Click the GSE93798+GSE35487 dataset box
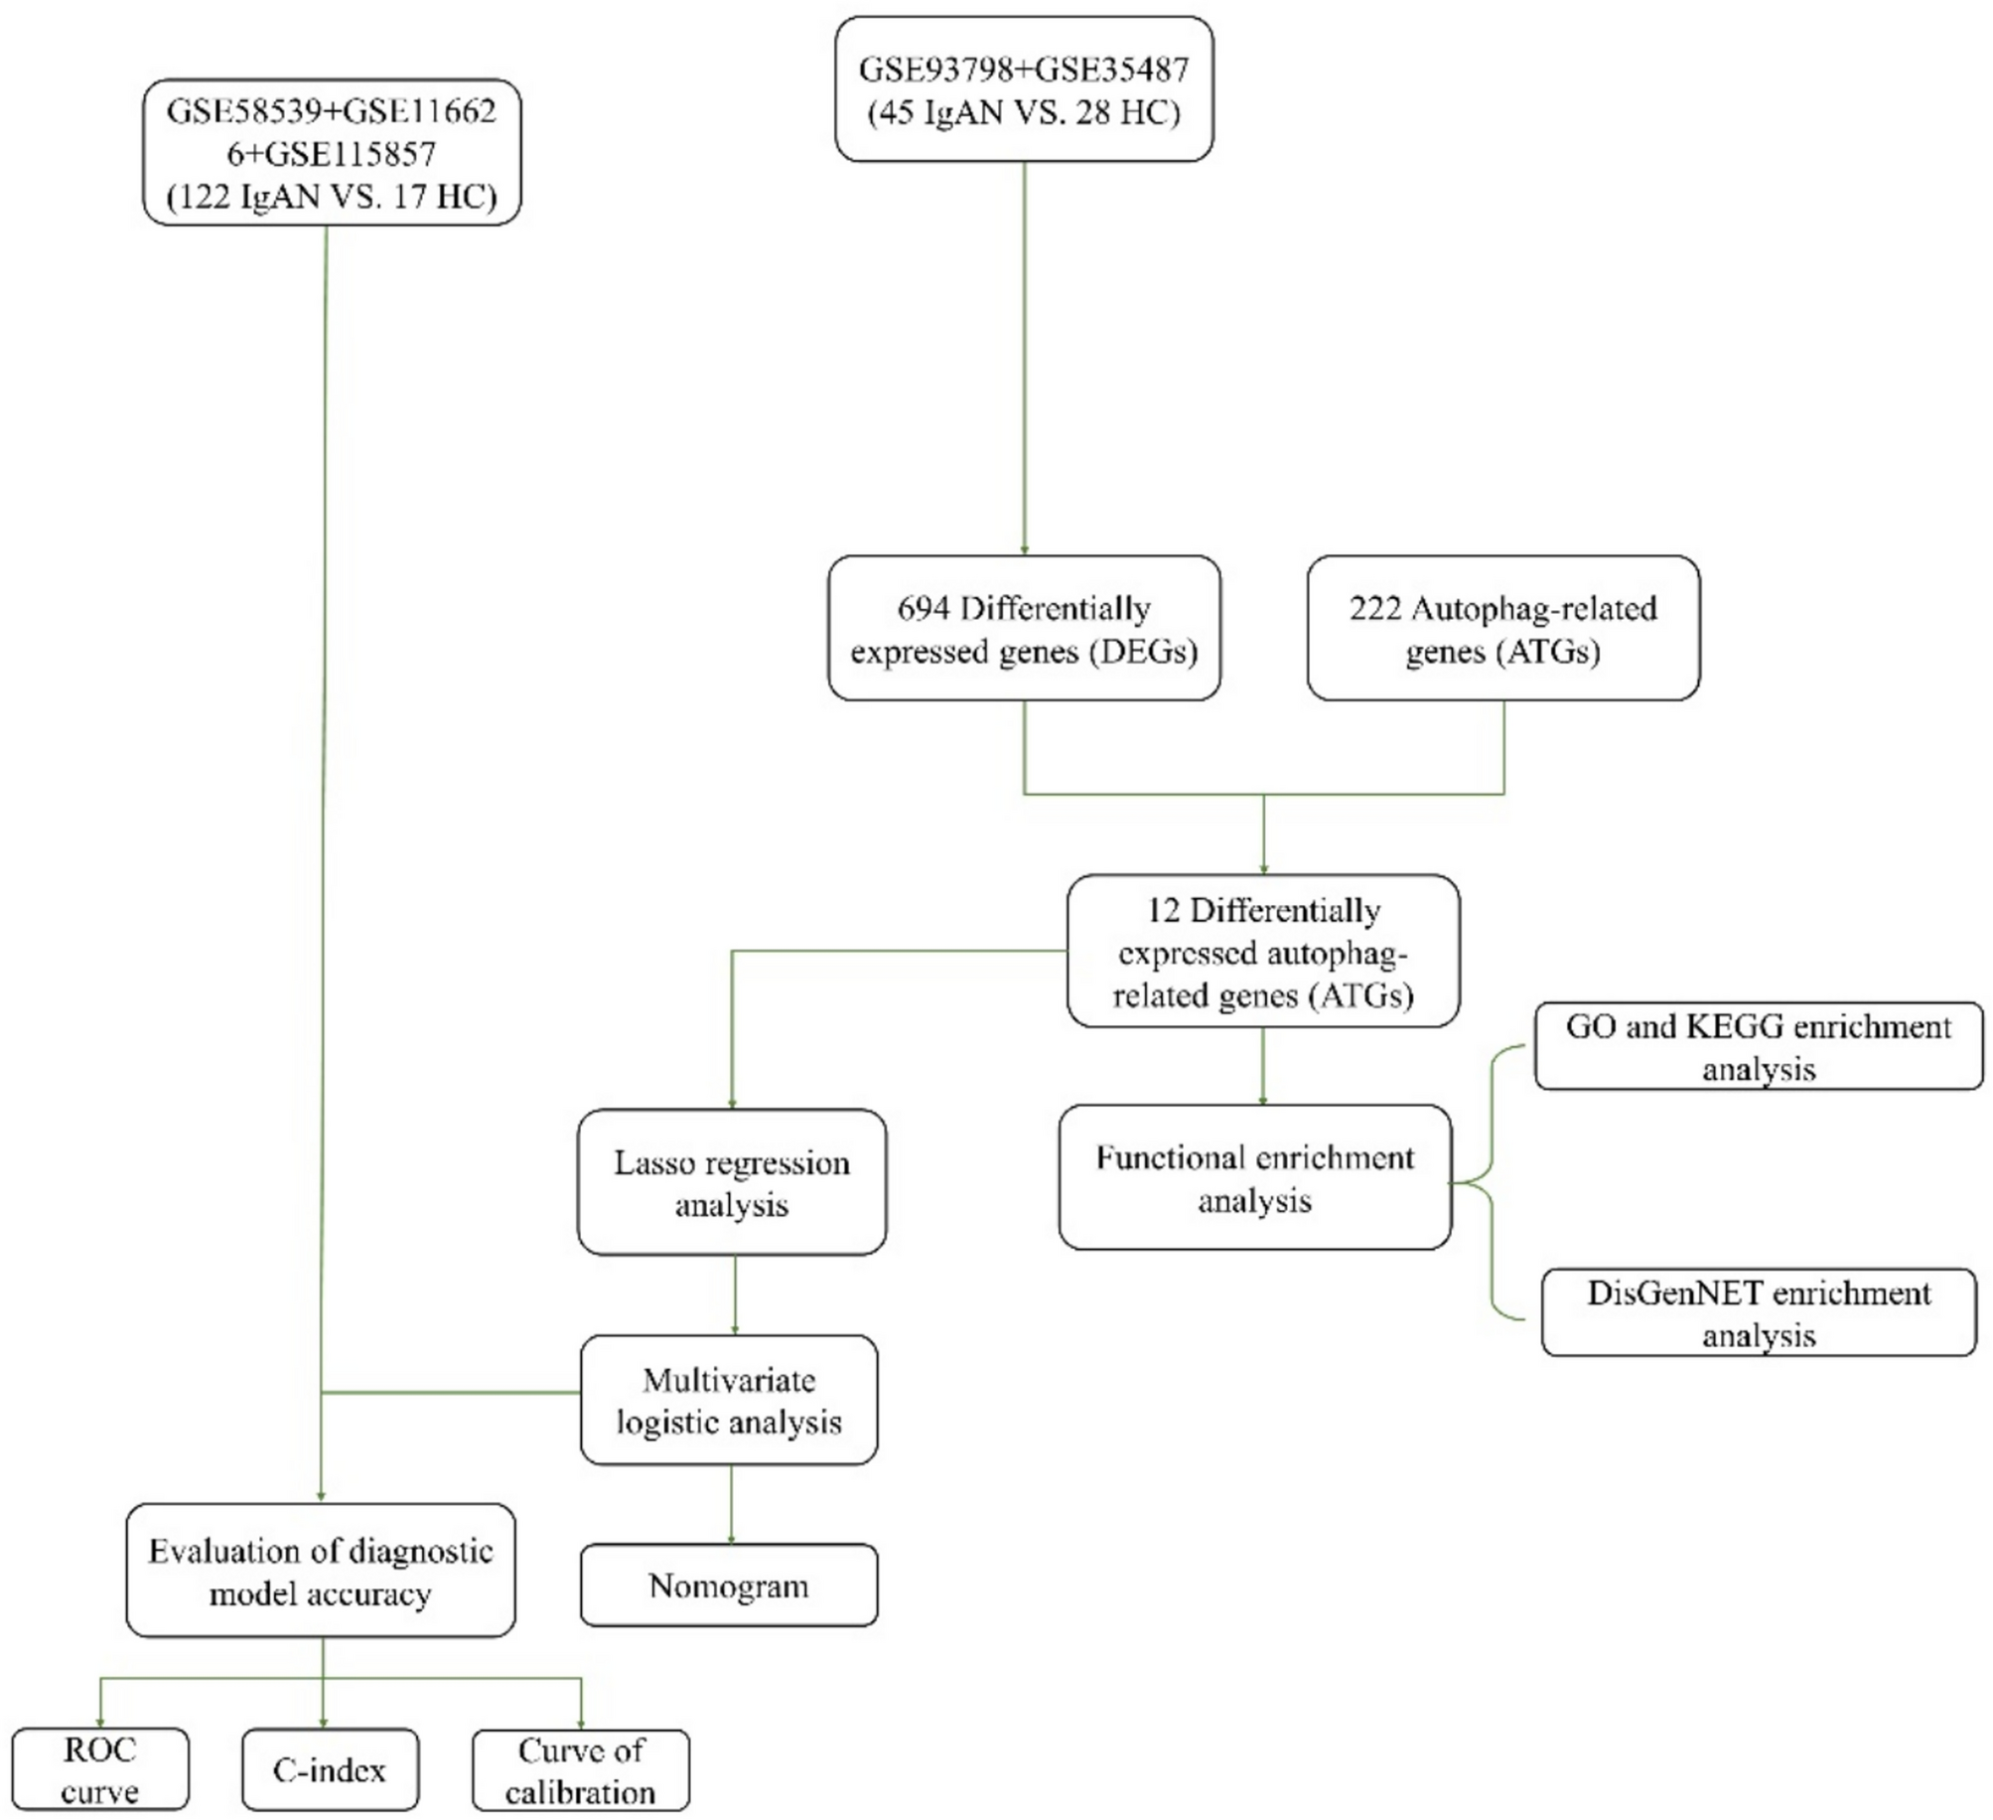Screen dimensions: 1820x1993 click(1024, 89)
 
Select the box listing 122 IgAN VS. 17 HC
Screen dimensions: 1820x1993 click(332, 153)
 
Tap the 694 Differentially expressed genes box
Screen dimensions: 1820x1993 click(1024, 629)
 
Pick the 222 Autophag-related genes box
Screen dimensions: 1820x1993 click(1502, 629)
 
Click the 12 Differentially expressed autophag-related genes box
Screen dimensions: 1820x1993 click(1263, 952)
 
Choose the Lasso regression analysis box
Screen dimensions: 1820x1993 click(732, 1182)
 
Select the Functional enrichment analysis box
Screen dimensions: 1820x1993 click(1255, 1178)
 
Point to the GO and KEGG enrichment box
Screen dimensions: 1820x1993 click(1758, 1047)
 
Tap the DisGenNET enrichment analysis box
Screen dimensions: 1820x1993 click(1759, 1313)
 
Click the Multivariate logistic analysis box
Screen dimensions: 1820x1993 click(729, 1400)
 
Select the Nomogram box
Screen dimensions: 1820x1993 click(729, 1586)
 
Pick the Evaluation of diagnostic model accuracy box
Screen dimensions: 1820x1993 click(321, 1572)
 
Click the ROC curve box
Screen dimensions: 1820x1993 click(100, 1769)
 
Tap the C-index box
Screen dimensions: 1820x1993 click(330, 1769)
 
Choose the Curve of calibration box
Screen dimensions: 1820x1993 click(581, 1770)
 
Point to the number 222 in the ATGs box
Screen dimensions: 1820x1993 click(1374, 608)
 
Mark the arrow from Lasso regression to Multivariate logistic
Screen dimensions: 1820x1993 click(735, 1294)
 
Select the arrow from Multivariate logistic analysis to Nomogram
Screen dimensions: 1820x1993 click(732, 1504)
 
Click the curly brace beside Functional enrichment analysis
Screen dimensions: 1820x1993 click(1492, 1182)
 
